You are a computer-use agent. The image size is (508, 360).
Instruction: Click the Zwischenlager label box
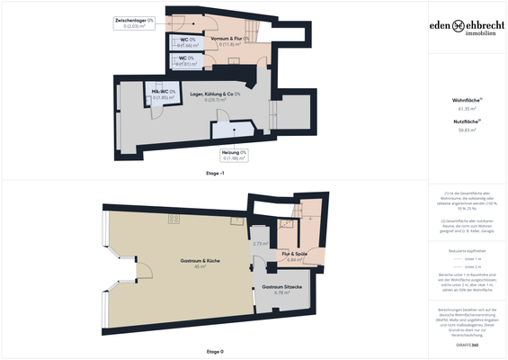point(132,22)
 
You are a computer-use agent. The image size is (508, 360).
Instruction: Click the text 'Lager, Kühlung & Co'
point(213,94)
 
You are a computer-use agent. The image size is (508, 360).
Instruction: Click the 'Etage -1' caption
point(214,172)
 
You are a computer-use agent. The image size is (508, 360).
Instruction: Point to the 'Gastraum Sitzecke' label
point(281,287)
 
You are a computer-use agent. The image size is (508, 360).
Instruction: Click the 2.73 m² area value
point(261,244)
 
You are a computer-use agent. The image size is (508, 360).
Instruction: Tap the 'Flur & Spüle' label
point(295,255)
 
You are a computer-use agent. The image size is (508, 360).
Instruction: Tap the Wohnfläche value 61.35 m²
point(467,108)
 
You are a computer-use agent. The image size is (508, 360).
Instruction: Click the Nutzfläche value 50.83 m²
point(467,130)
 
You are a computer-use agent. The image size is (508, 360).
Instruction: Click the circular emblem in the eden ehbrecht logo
point(459,26)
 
